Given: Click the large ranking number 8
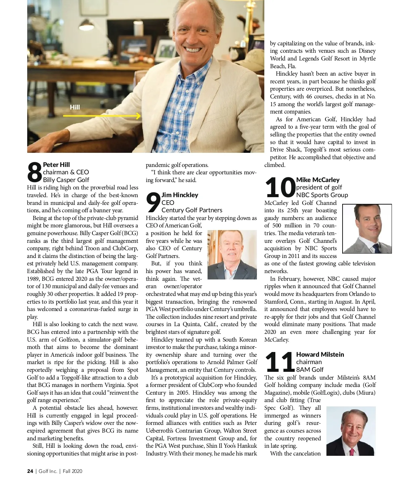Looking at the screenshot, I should [x=35, y=172].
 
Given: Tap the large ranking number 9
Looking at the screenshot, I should [x=153, y=203].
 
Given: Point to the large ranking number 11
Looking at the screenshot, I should [x=280, y=362].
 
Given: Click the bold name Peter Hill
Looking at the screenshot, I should [x=56, y=165].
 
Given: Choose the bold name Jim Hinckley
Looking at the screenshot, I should [x=180, y=195].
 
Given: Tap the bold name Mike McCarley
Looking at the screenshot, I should [x=318, y=180].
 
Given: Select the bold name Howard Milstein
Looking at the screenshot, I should [x=320, y=354].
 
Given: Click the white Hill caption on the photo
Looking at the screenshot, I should [x=75, y=107].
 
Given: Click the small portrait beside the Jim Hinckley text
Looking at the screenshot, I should [x=232, y=255].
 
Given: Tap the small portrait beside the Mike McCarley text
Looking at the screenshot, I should [x=367, y=228].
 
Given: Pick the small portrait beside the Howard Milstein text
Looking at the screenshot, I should [x=351, y=431].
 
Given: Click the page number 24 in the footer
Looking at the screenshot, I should [x=30, y=471].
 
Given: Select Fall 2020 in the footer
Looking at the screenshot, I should [x=73, y=471].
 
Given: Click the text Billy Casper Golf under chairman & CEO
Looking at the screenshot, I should [x=66, y=180].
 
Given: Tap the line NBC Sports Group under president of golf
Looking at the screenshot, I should [x=322, y=195].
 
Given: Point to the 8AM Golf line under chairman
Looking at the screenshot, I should [x=310, y=370].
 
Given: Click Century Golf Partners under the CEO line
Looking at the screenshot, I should [x=192, y=210].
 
